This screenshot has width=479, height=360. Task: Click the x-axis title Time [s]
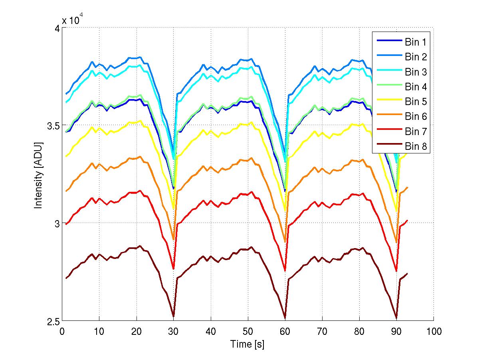pyautogui.click(x=247, y=344)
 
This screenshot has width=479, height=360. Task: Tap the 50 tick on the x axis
pyautogui.click(x=248, y=331)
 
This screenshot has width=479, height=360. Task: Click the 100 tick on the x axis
pyautogui.click(x=433, y=331)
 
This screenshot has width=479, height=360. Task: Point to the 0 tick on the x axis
pyautogui.click(x=62, y=331)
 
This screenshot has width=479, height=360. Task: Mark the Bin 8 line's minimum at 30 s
pyautogui.click(x=173, y=316)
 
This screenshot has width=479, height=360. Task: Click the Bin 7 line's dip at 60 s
pyautogui.click(x=285, y=271)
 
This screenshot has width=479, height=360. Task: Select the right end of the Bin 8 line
pyautogui.click(x=407, y=274)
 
